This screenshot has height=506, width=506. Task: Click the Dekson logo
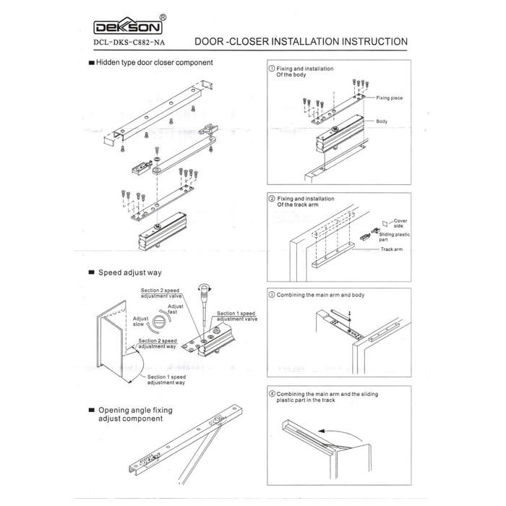[128, 26]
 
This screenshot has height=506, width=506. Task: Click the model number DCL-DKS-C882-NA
[129, 43]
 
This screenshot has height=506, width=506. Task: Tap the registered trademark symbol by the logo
[163, 18]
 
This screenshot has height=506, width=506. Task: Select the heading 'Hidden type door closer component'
[154, 63]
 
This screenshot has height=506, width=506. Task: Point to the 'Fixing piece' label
[389, 98]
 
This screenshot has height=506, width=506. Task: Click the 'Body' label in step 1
[382, 121]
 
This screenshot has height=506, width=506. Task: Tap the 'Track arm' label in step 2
[392, 249]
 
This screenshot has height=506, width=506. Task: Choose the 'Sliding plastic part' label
[394, 237]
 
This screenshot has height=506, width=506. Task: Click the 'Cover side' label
[400, 223]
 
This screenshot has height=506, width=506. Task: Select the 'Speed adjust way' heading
[129, 273]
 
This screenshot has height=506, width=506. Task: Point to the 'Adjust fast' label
[175, 309]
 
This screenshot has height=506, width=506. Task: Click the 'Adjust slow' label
[141, 321]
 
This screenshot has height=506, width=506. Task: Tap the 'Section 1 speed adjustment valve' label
[237, 317]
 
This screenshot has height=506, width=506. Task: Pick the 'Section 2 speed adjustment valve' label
[161, 293]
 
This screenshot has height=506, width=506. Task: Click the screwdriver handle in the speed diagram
[205, 292]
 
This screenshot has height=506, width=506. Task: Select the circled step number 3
[272, 295]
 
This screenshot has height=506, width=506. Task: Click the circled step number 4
[272, 394]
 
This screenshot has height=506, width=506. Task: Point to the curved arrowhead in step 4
[321, 431]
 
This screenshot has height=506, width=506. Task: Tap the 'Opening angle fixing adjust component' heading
[135, 414]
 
